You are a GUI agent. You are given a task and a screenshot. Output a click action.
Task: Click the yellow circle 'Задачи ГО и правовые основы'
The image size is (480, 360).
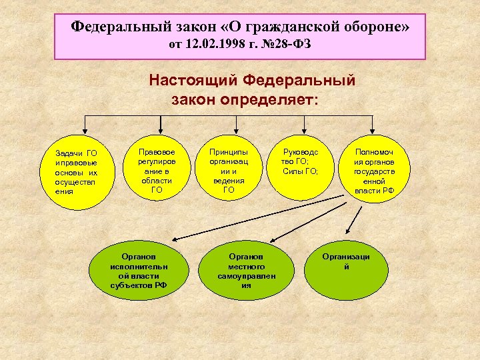[x=77, y=171]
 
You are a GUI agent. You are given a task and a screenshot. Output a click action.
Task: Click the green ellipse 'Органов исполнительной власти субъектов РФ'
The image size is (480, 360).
[x=139, y=271]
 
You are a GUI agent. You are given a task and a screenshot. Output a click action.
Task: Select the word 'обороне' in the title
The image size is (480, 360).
[x=369, y=27]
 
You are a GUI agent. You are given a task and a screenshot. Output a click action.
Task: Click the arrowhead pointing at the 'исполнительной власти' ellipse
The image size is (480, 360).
[x=169, y=238]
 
